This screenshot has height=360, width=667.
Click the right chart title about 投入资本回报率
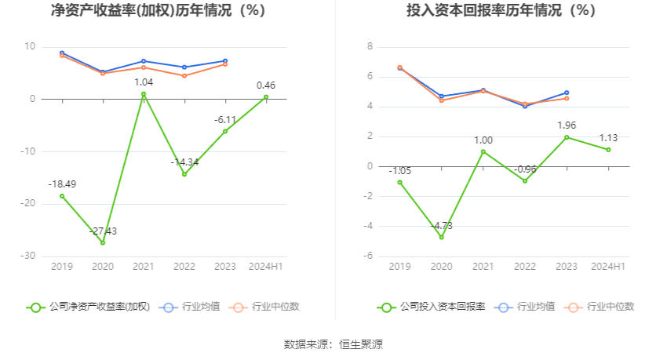point(501,11)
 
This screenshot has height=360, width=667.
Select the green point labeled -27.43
point(103,242)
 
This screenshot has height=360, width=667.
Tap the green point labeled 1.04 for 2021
point(144,94)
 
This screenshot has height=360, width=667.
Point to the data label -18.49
point(62,184)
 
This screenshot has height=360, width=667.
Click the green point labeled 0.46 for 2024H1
point(266,97)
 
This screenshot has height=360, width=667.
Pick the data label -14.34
point(186,162)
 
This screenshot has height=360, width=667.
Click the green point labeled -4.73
point(441,237)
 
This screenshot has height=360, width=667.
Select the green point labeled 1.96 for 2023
point(567,137)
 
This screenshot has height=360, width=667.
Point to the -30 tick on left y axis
point(28,256)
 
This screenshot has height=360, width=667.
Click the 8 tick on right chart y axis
point(370,47)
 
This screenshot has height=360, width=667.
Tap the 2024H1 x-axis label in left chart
point(266,267)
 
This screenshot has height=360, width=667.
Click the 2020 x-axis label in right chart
point(441,267)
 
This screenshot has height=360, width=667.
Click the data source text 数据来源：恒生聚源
point(333,344)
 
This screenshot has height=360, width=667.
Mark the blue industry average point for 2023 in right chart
point(567,93)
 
